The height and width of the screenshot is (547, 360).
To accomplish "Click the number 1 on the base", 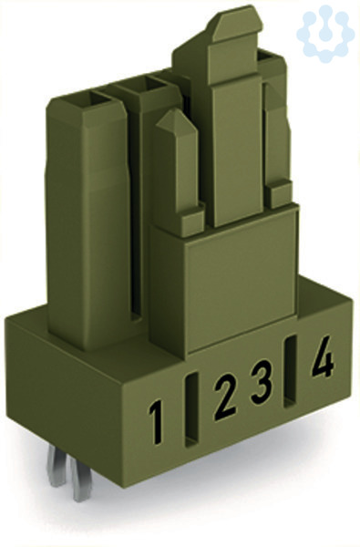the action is [156, 422].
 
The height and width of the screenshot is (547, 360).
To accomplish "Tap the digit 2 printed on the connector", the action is [225, 397].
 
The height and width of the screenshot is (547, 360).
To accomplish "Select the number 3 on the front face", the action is [261, 382].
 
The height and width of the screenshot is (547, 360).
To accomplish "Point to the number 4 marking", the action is [323, 356].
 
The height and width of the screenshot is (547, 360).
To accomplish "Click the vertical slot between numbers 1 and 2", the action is [192, 410].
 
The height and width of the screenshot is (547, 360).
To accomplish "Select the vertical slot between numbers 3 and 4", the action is [291, 372].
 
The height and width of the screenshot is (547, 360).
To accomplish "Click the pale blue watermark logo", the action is [325, 34].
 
